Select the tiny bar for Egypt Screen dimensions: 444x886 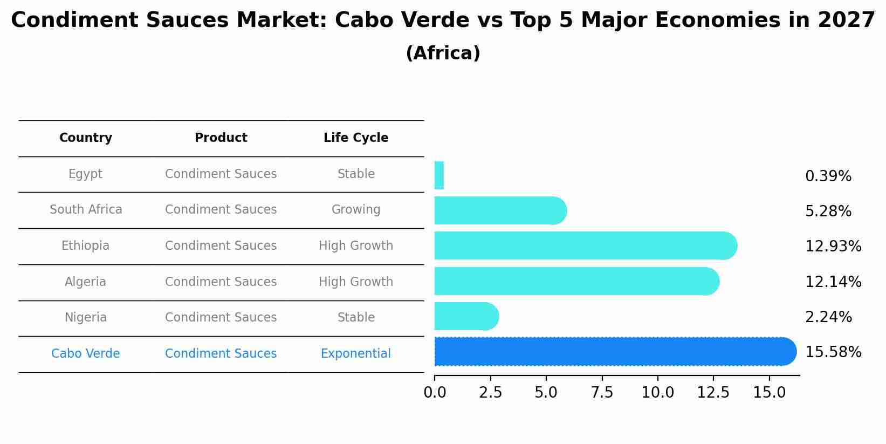[439, 175]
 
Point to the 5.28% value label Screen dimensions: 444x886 [828, 211]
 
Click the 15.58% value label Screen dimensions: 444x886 [833, 352]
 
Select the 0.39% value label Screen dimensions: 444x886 [828, 176]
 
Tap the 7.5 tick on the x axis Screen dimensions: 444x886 [602, 393]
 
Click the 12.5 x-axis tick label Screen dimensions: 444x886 [713, 393]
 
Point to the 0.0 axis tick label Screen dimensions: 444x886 [435, 393]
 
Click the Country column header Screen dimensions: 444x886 [86, 138]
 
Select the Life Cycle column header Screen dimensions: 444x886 [356, 138]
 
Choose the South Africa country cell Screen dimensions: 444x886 [86, 210]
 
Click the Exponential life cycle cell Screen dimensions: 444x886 [356, 354]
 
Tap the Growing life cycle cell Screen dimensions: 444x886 [356, 210]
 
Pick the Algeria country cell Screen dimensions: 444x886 [86, 282]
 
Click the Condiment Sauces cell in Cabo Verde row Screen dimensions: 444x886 [221, 354]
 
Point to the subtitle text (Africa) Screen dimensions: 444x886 [443, 53]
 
